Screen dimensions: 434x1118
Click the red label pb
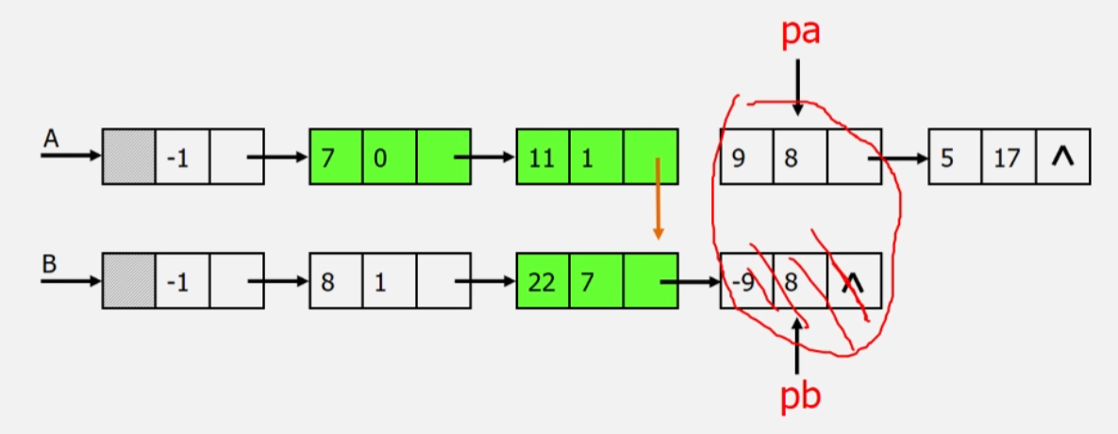point(800,397)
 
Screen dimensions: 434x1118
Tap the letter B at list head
point(49,263)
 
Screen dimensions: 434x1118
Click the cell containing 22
point(542,281)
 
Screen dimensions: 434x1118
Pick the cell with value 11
point(542,157)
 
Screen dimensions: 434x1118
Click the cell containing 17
point(1008,157)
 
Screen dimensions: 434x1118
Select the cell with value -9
point(746,281)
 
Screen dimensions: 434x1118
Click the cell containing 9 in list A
point(746,157)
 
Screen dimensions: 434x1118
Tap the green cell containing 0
point(390,157)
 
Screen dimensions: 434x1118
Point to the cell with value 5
point(955,157)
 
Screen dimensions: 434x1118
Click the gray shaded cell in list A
point(127,157)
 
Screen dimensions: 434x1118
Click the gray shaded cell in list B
point(127,281)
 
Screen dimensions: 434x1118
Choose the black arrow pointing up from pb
point(798,345)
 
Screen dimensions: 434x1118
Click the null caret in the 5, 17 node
point(1063,157)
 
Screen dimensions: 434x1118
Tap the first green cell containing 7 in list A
point(337,157)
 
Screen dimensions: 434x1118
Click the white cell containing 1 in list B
point(390,281)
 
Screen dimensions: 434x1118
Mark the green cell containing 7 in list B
point(595,281)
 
